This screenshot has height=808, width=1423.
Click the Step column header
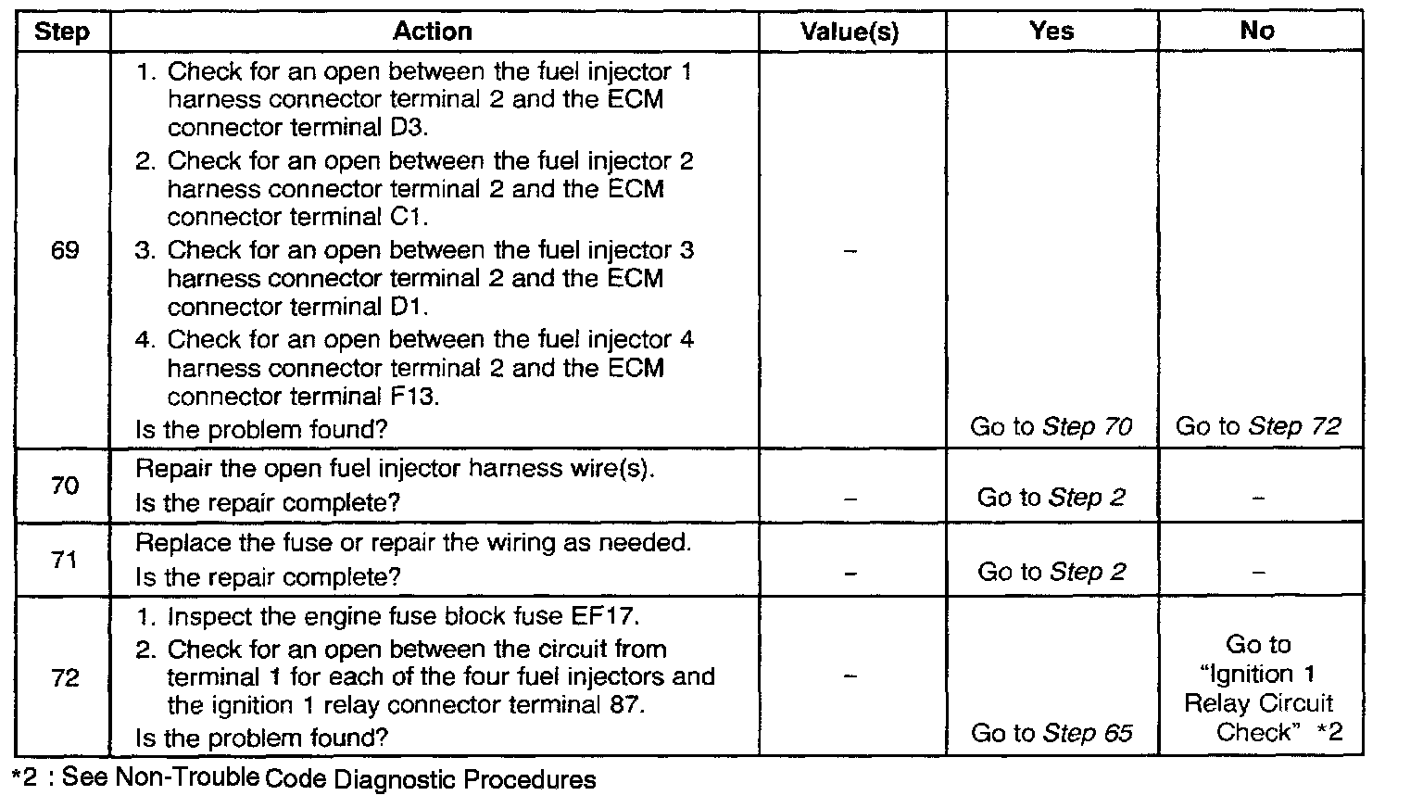point(62,32)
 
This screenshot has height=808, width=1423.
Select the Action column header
point(433,32)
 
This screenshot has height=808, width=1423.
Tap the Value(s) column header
point(850,32)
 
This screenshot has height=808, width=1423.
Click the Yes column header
point(1052,31)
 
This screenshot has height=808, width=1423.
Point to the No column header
point(1257,31)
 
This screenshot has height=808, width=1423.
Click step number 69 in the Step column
point(65,250)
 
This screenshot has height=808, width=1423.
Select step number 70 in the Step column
point(65,486)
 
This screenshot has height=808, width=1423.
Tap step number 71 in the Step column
point(65,560)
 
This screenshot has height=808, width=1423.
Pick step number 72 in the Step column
point(65,677)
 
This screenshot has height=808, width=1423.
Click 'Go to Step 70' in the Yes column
point(1052,427)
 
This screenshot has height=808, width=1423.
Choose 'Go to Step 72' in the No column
point(1258,427)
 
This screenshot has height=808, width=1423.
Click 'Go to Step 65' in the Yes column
point(1052,733)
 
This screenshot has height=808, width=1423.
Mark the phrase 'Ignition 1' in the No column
point(1257,674)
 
